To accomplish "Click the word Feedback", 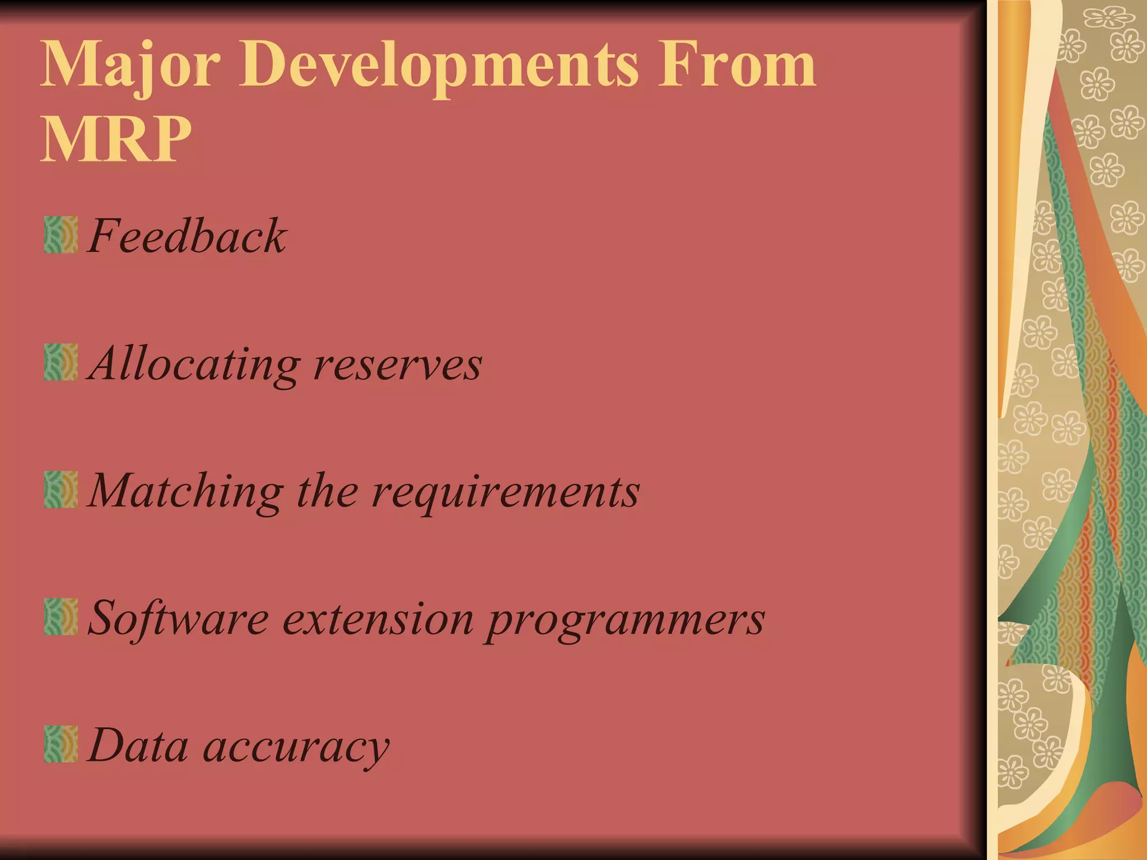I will tap(187, 236).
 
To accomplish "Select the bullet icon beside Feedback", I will tap(60, 235).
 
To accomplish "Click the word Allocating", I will tap(194, 364).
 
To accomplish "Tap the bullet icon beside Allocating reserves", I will tap(60, 362).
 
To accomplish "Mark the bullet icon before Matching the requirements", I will tap(60, 489).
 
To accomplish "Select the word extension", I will tap(378, 619).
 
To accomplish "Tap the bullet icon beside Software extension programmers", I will tap(60, 616).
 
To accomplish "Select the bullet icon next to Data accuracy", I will tap(60, 744).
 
